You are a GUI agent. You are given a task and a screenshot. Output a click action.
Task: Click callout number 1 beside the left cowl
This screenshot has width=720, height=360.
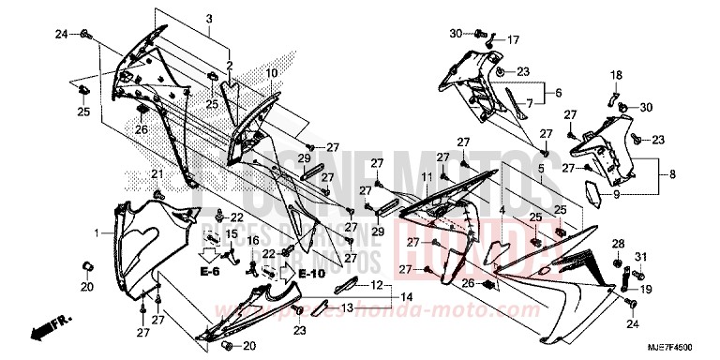coord(97,231)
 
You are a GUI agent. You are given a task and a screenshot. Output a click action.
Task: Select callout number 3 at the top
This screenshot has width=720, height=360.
coord(209,19)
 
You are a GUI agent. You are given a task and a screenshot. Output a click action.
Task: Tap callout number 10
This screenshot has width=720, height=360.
coord(270,72)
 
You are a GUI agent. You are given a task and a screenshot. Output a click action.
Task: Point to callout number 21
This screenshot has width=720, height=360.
coord(157,174)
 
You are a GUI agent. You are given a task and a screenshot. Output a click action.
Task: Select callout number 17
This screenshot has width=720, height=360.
coord(513,40)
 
